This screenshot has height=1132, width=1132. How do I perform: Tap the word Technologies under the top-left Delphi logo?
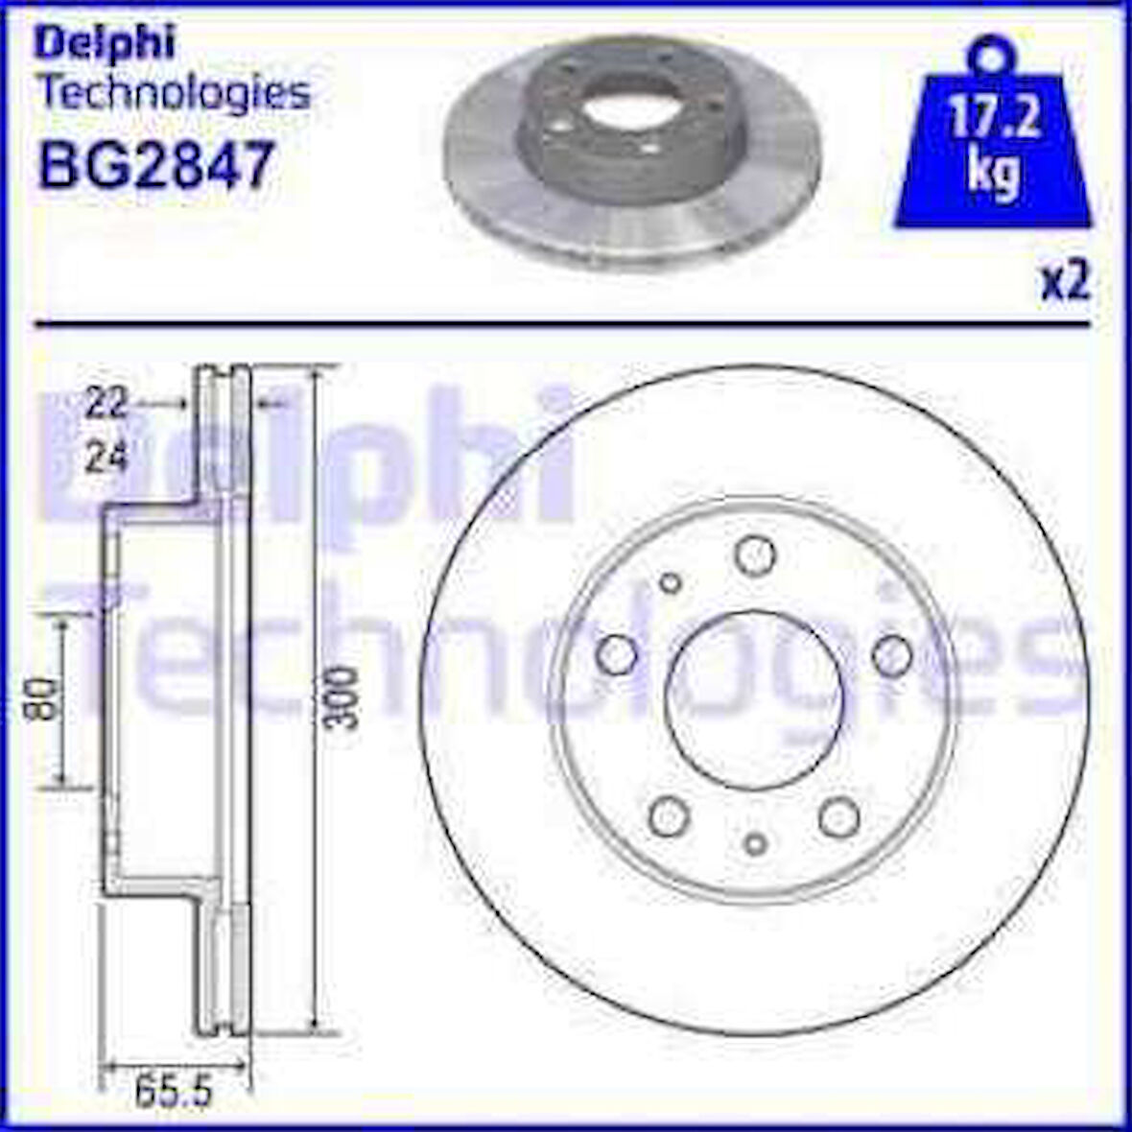(173, 93)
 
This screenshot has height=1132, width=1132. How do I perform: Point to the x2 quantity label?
(1065, 285)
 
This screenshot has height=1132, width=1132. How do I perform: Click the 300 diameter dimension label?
(339, 697)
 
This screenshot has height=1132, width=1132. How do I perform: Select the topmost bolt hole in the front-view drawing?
(753, 553)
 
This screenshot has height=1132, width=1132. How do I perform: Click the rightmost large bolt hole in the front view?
(892, 654)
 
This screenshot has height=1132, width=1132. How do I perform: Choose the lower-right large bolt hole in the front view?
(838, 816)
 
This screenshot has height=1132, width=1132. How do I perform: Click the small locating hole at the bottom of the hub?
(755, 841)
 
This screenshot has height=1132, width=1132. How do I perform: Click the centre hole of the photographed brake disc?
(625, 112)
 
